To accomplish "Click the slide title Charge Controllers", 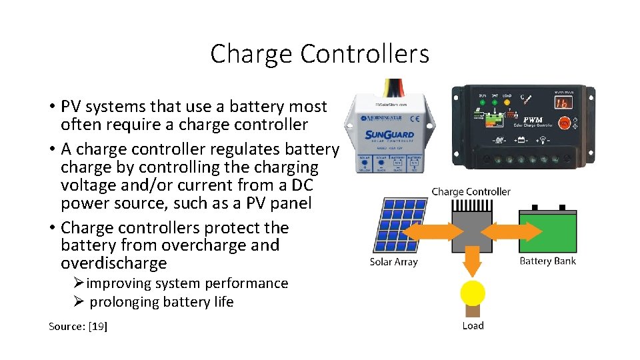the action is pyautogui.click(x=319, y=53).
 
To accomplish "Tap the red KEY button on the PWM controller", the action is pyautogui.click(x=564, y=123).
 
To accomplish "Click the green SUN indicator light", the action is pyautogui.click(x=483, y=103).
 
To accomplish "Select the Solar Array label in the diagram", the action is pyautogui.click(x=393, y=262).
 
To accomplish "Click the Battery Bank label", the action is pyautogui.click(x=547, y=261).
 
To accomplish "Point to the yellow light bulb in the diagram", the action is pyautogui.click(x=473, y=294).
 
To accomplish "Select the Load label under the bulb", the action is pyautogui.click(x=473, y=325).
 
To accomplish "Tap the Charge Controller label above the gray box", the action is pyautogui.click(x=471, y=191).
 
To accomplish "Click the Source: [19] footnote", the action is pyautogui.click(x=78, y=326).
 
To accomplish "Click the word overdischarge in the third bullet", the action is pyautogui.click(x=113, y=263).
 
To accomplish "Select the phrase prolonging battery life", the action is pyautogui.click(x=161, y=302).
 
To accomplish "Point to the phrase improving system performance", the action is pyautogui.click(x=187, y=283).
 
